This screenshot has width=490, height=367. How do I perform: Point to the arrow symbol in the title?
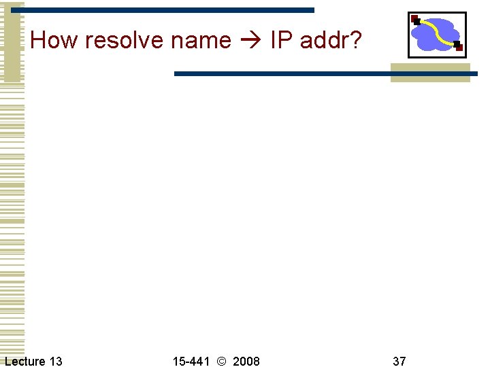coord(251,41)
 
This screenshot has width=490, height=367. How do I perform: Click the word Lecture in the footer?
coord(25,361)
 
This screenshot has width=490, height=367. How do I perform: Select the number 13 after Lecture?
coord(55,361)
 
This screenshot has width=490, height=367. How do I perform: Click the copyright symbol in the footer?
coord(221,361)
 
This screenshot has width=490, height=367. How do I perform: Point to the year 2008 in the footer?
coord(246,361)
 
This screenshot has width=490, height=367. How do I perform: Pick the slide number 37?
coord(399,361)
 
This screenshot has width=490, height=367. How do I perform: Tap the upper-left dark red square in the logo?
coord(414,18)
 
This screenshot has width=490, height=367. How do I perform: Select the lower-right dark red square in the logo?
coord(459,47)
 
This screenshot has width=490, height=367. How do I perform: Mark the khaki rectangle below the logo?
coord(430,73)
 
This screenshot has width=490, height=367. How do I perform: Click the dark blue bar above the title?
coord(170,10)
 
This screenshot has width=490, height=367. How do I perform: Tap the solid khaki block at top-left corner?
coord(12,41)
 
